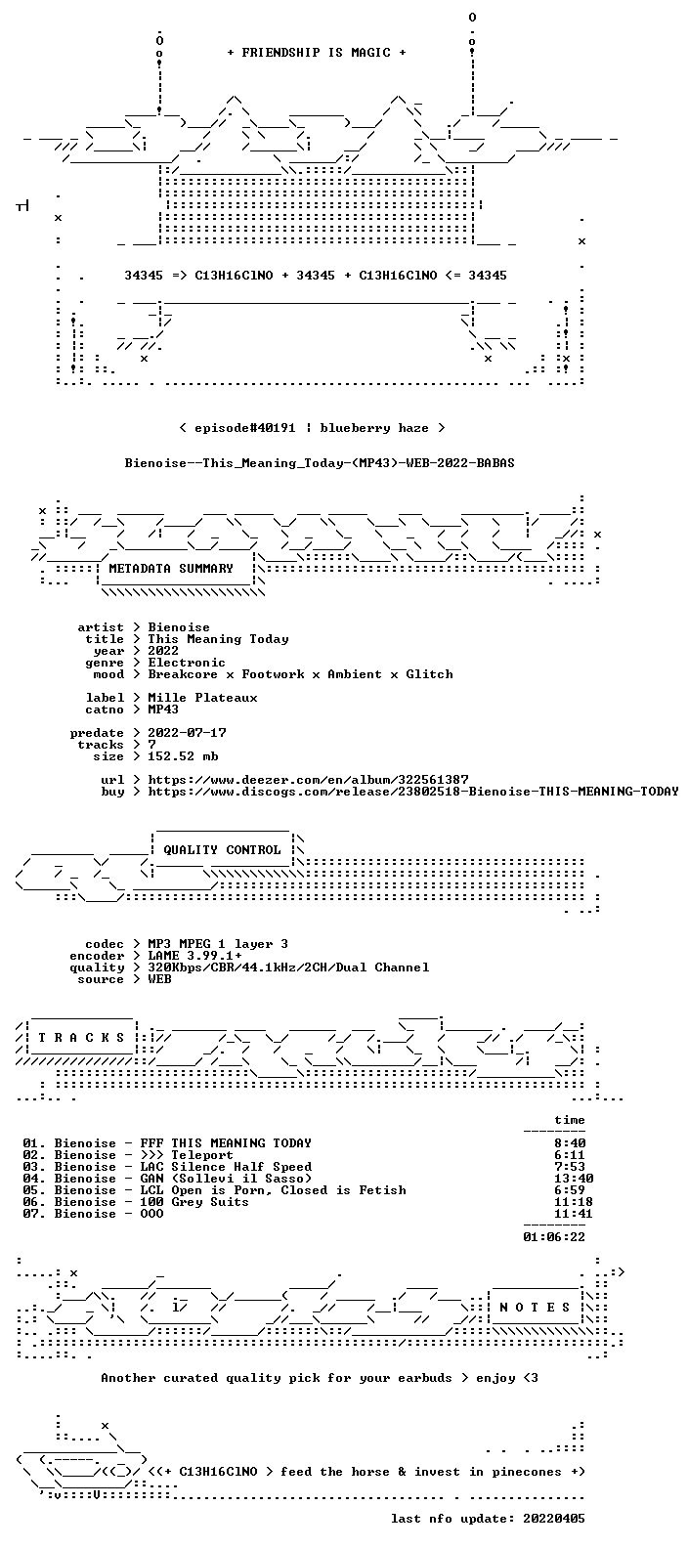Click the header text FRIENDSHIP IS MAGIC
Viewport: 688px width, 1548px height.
point(317,53)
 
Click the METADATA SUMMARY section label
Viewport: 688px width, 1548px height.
point(171,568)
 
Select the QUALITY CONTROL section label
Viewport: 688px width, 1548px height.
point(222,850)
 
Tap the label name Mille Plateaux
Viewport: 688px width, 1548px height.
point(202,698)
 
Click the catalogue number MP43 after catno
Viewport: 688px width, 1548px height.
point(163,709)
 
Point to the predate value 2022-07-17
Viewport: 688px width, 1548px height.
point(187,733)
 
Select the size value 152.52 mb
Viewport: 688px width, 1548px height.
point(183,756)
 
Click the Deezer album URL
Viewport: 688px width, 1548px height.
point(308,780)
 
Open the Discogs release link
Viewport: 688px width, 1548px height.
point(413,792)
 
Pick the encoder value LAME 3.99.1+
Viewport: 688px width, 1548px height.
point(194,956)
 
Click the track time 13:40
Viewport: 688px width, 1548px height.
point(574,1179)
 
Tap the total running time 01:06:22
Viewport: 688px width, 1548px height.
point(554,1237)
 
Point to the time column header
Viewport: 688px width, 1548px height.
point(569,1120)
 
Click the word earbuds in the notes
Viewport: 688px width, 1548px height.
point(425,1378)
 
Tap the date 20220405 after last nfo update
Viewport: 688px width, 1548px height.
point(554,1519)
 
